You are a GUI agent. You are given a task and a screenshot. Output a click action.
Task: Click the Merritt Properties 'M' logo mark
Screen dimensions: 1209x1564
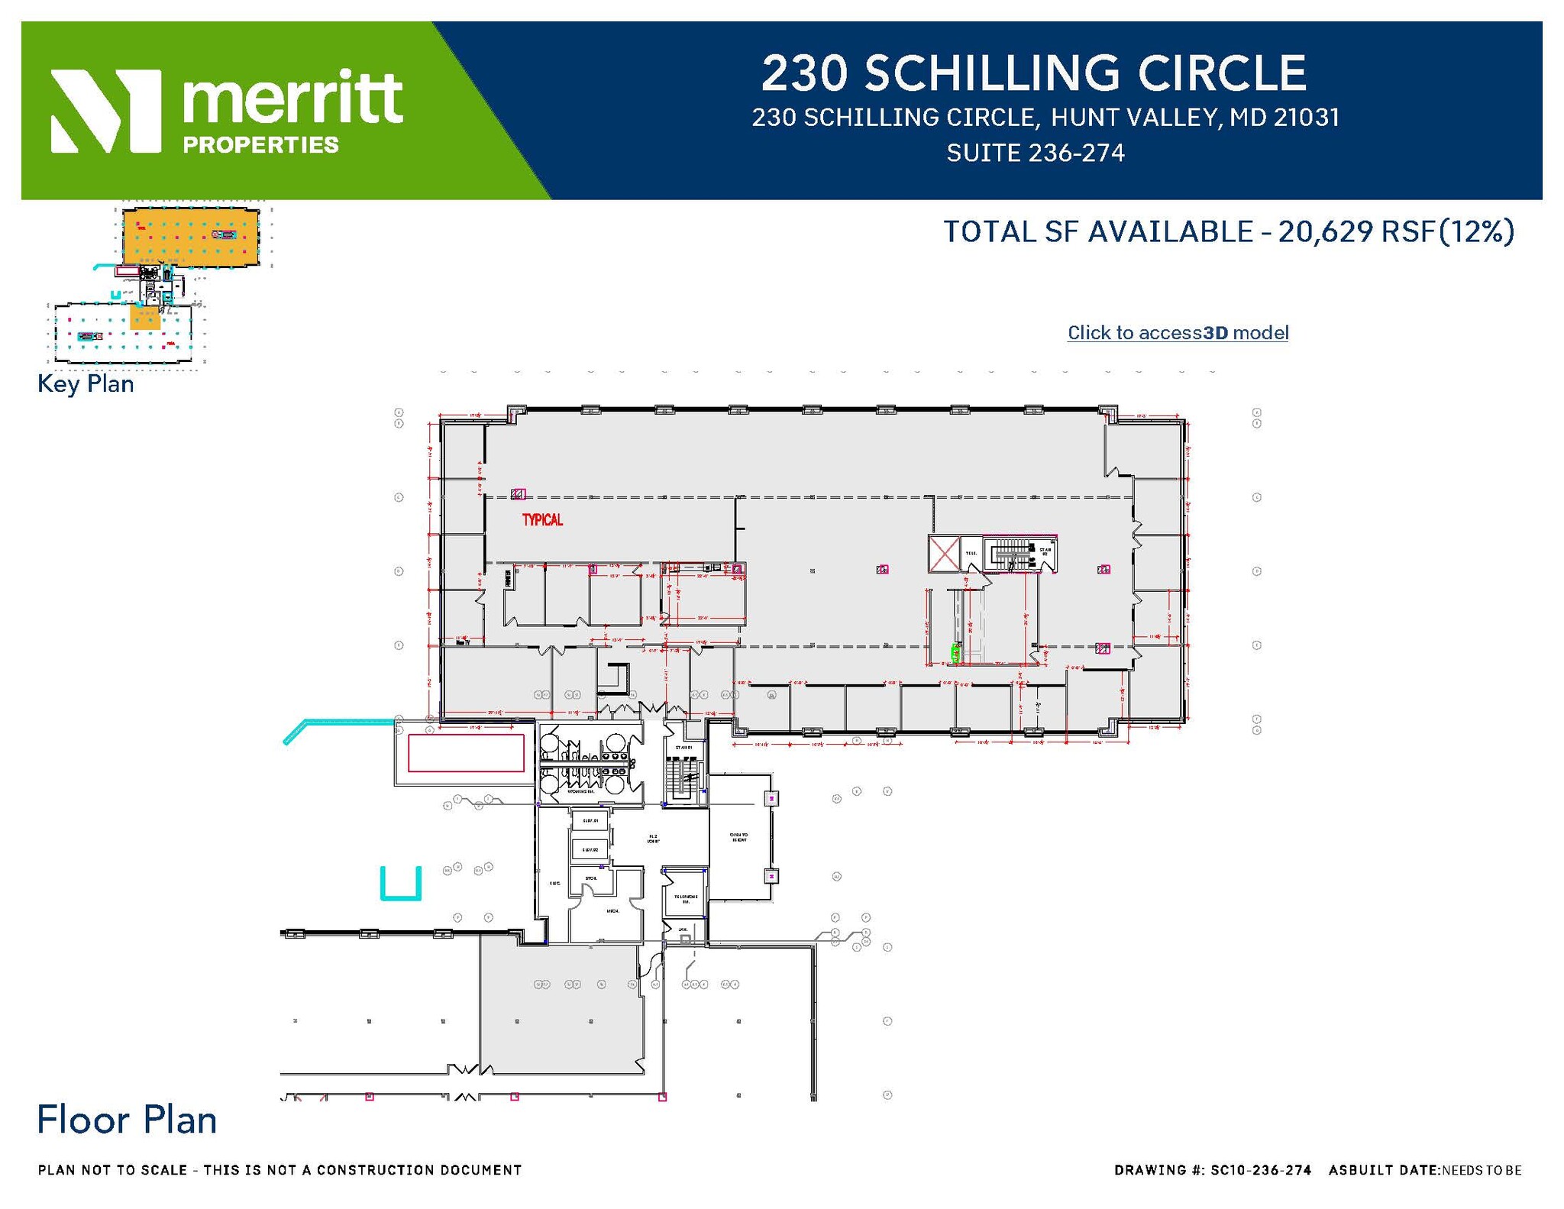click(x=105, y=111)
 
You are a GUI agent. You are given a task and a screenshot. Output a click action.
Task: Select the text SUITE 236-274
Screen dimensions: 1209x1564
click(x=1035, y=154)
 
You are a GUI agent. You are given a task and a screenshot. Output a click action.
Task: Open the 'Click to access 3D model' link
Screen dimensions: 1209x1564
click(x=1177, y=333)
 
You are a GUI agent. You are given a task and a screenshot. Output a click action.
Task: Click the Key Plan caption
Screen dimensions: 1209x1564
click(x=86, y=383)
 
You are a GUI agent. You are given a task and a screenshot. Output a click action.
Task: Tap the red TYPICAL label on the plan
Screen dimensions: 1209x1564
click(x=542, y=520)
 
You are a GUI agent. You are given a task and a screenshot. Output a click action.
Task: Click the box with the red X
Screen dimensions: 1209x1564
click(x=944, y=554)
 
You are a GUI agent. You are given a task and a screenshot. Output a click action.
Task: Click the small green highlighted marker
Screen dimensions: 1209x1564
click(x=955, y=653)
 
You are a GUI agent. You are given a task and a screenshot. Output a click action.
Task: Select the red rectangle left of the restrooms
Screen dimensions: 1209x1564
click(x=465, y=753)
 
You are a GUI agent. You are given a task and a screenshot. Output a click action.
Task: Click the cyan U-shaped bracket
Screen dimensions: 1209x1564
click(x=401, y=885)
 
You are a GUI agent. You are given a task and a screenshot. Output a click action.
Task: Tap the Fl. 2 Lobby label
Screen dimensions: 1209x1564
click(x=654, y=839)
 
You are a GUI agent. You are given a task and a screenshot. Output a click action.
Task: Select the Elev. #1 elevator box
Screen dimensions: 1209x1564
click(x=590, y=821)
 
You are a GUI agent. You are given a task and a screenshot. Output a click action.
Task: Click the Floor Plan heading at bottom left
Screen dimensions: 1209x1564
click(x=127, y=1120)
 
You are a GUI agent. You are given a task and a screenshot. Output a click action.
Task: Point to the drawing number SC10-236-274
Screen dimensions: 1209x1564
click(x=1261, y=1170)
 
